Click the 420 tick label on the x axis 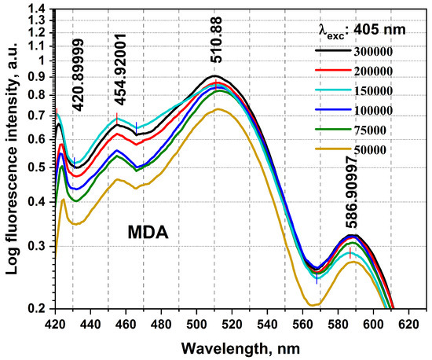coord(55,322)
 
